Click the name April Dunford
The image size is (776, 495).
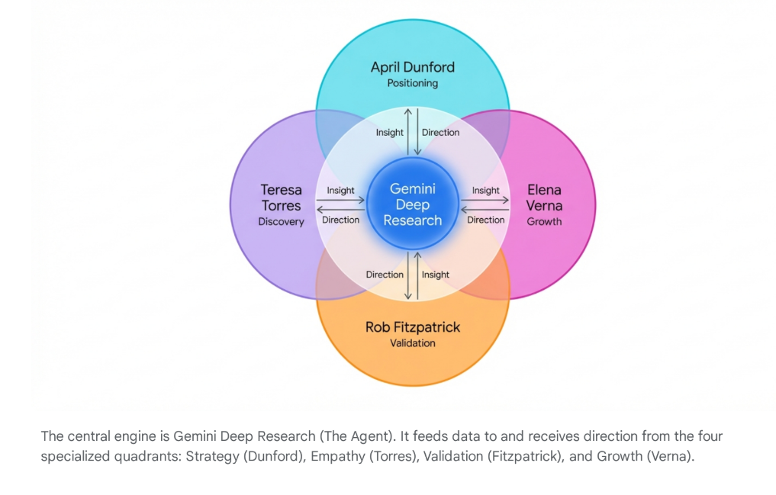click(412, 67)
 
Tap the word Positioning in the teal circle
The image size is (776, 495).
click(412, 83)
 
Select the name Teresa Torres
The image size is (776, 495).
click(281, 198)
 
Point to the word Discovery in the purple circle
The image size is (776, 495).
click(281, 222)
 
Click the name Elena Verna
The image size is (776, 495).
click(544, 198)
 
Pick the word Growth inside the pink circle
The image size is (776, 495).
click(544, 222)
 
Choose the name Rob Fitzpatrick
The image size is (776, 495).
click(412, 327)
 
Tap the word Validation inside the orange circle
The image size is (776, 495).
click(412, 343)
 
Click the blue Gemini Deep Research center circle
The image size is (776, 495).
click(412, 204)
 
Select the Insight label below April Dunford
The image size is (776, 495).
click(389, 133)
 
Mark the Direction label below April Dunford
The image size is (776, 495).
click(440, 133)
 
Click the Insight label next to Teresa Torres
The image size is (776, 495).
click(340, 191)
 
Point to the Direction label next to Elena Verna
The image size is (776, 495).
click(485, 220)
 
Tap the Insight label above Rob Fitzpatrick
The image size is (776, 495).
click(436, 275)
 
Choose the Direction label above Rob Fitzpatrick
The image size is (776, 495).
click(385, 275)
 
